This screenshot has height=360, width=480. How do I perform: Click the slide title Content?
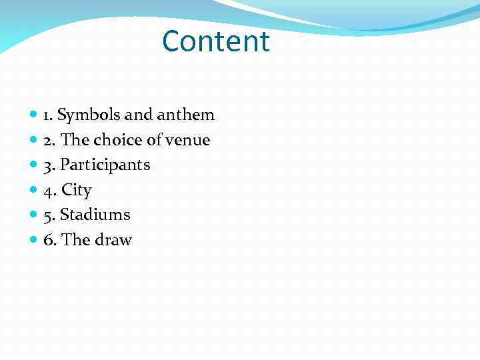[x=215, y=41]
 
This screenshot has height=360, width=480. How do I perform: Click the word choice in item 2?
[x=117, y=140]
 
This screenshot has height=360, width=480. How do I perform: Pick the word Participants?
[x=105, y=165]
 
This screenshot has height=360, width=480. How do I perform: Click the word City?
[x=76, y=191]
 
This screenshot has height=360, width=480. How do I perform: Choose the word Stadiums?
[x=95, y=215]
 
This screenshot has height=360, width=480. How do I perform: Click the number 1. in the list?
[x=48, y=115]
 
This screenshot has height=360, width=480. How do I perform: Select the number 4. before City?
[x=49, y=191]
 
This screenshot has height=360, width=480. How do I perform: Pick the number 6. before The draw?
[x=49, y=240]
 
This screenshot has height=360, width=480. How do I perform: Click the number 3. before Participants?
[x=49, y=165]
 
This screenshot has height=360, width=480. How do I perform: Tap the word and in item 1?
[x=139, y=115]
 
